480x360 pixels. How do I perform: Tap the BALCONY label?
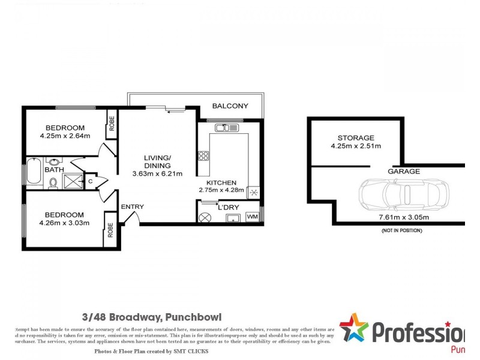pyautogui.click(x=230, y=106)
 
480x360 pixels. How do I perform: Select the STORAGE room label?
pyautogui.click(x=355, y=137)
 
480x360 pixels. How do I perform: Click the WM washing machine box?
pyautogui.click(x=252, y=217)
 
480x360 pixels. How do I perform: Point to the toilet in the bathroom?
pyautogui.click(x=53, y=183)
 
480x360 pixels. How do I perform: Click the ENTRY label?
pyautogui.click(x=132, y=207)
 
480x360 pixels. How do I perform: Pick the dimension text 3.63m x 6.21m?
pyautogui.click(x=157, y=174)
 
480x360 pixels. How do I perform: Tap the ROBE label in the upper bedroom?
pyautogui.click(x=112, y=125)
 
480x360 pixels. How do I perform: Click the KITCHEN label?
pyautogui.click(x=221, y=183)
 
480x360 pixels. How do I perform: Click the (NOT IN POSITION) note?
pyautogui.click(x=401, y=230)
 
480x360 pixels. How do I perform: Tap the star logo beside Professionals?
pyautogui.click(x=353, y=329)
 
